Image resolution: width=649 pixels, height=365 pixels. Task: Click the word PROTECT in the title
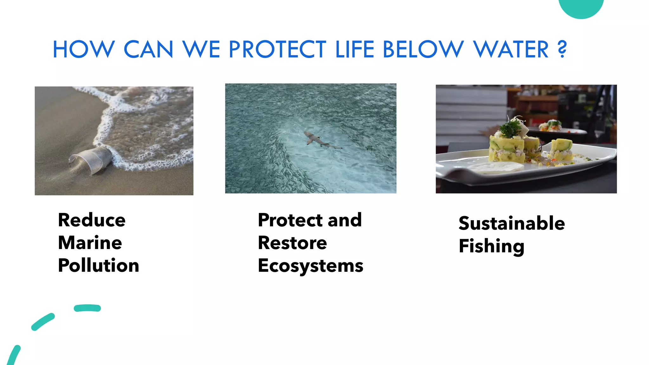click(277, 49)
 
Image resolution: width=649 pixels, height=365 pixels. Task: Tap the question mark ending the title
click(562, 49)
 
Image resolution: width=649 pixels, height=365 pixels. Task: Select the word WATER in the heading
click(511, 49)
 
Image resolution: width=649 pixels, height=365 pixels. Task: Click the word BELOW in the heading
click(423, 49)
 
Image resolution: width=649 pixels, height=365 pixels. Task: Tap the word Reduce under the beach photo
click(92, 220)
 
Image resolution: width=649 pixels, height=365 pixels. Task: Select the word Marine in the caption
click(90, 243)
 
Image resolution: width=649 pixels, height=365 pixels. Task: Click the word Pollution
click(99, 266)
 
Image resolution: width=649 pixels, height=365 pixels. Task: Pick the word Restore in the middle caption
click(292, 243)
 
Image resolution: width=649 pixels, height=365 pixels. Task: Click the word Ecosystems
click(311, 266)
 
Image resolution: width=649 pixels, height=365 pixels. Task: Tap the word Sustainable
click(511, 223)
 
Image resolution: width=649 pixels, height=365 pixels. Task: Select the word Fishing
click(492, 246)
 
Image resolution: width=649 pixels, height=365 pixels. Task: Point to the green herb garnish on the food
click(510, 128)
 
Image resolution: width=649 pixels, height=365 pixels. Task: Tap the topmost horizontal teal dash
click(87, 308)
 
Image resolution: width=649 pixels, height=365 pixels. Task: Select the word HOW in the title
click(83, 49)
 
